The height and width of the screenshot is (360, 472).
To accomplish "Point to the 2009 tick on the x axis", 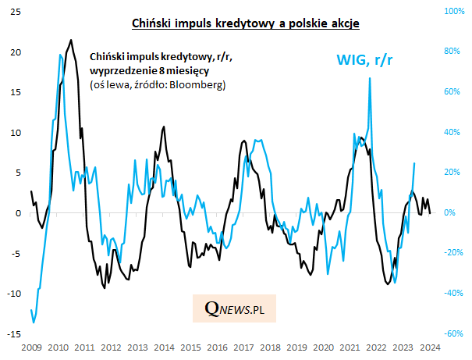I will (x=31, y=346).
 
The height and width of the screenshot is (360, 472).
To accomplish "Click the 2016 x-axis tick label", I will (x=218, y=346).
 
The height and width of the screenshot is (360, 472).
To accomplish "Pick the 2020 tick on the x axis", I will (x=325, y=346).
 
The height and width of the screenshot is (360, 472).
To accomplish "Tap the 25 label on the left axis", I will (x=16, y=12).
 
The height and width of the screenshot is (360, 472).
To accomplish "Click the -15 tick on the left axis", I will (x=14, y=333).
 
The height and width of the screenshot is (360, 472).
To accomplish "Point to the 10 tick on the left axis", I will (x=16, y=133).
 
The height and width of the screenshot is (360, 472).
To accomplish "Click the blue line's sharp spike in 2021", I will (x=370, y=78).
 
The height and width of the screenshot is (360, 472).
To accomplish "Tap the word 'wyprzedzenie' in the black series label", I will (x=119, y=70).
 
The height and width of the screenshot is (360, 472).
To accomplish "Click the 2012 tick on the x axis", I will (x=111, y=346).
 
